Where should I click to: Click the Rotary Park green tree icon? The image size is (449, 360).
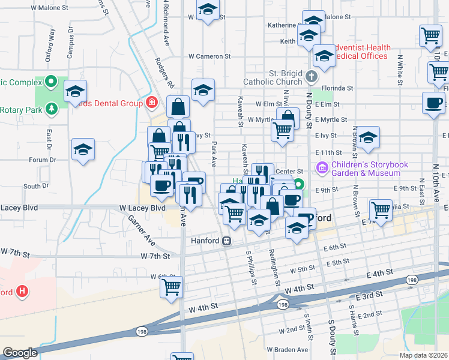[x=52, y=108]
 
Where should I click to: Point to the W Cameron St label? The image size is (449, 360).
[x=209, y=56]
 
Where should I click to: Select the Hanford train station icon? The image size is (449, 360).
[x=227, y=241]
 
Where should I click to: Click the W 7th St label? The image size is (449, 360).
[x=155, y=256]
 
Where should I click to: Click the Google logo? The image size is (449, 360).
[x=20, y=352]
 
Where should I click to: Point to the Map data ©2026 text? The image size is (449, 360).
[x=423, y=355]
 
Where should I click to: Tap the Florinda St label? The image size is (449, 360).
[x=337, y=88]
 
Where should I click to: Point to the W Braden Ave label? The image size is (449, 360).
[x=288, y=350]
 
